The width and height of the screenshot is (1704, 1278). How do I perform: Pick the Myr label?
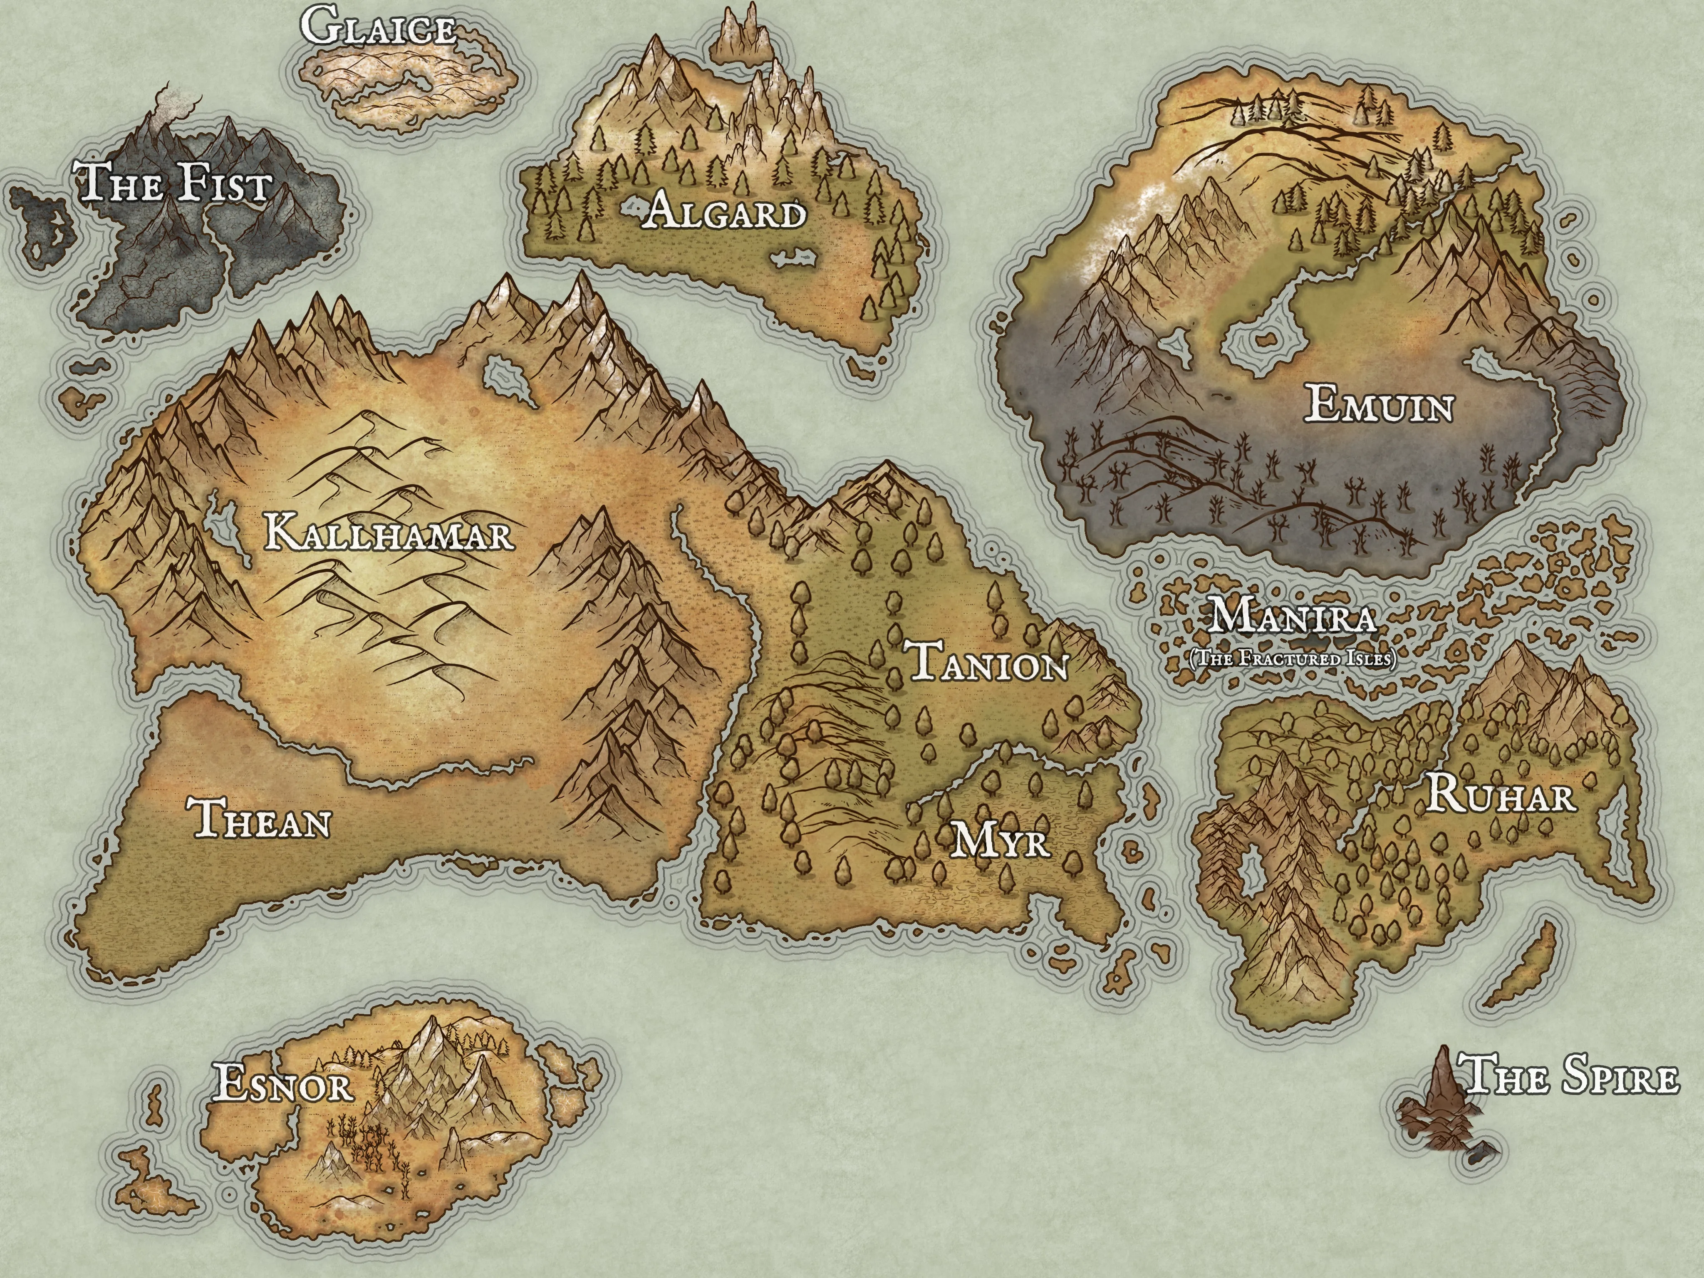point(1001,840)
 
